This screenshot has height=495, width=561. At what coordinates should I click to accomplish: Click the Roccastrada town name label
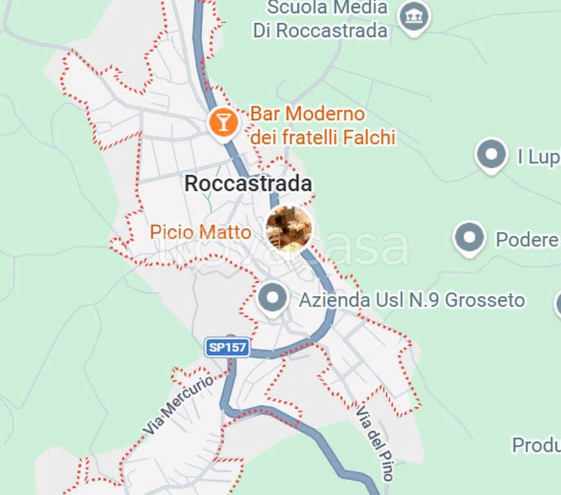tap(248, 184)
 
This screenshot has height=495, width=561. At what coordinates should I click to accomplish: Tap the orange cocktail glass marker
tap(223, 121)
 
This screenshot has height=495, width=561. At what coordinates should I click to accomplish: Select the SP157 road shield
tap(228, 348)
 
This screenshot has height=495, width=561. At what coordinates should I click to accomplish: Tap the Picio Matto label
tap(201, 232)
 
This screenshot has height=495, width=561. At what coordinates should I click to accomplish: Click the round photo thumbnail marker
tap(289, 229)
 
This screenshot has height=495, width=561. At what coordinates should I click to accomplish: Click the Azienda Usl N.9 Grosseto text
tap(411, 300)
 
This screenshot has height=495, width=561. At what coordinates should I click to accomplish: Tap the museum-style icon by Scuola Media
tap(414, 15)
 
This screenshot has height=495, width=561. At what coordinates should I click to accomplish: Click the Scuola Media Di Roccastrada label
tap(321, 19)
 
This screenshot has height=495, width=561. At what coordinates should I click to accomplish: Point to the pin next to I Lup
tap(491, 155)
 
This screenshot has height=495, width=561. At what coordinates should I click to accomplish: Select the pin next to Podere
tap(469, 238)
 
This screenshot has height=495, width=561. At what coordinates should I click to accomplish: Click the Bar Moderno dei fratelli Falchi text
tap(322, 126)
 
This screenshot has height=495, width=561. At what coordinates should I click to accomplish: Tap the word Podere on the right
tap(527, 240)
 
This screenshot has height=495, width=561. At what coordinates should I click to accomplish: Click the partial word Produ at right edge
tap(535, 445)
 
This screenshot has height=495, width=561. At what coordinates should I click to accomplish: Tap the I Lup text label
tap(538, 157)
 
